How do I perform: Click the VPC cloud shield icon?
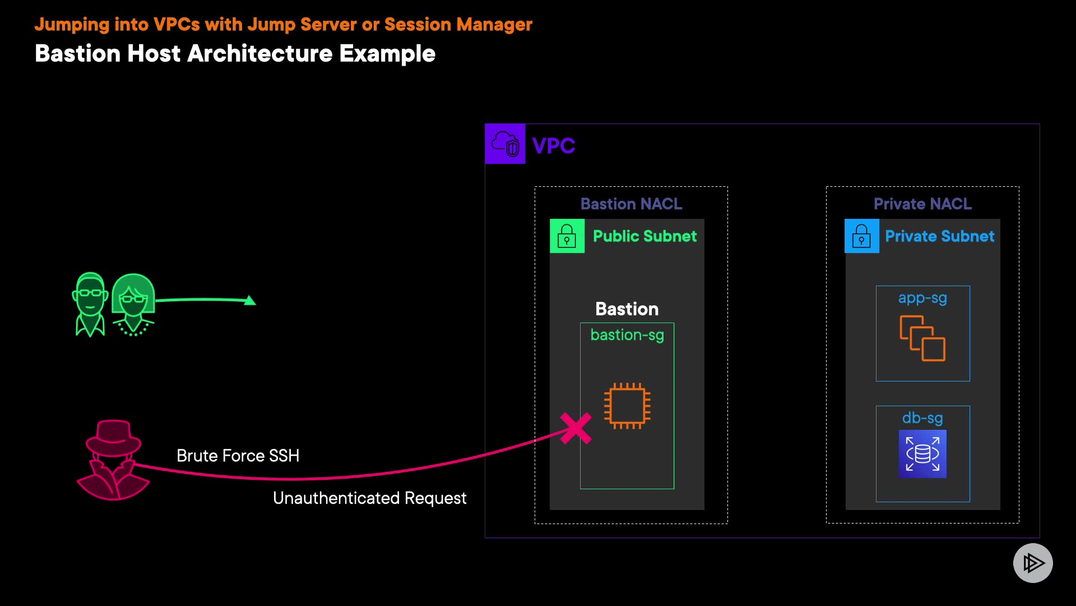[505, 144]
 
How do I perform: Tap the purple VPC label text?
[553, 146]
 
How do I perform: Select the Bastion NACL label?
[631, 204]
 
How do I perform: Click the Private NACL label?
[922, 204]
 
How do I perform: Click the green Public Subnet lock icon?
[567, 236]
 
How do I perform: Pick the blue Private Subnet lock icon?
[861, 236]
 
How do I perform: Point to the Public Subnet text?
[644, 236]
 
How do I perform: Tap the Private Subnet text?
[939, 236]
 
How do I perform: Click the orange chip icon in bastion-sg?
[627, 406]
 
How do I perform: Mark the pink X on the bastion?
[576, 428]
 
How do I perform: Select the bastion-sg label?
[627, 335]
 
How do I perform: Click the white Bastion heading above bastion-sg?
[627, 309]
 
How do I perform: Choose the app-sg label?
[922, 298]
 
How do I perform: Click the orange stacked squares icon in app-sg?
[922, 338]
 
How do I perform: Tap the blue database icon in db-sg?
[922, 453]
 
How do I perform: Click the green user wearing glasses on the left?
[90, 304]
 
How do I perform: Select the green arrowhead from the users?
[250, 301]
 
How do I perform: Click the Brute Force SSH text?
[238, 456]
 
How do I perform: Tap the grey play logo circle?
[1033, 563]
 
